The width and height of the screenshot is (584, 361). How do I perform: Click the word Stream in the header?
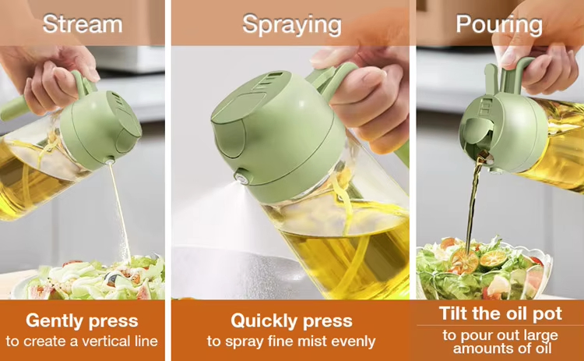point(82,23)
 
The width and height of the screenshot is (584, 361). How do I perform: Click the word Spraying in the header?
point(291,24)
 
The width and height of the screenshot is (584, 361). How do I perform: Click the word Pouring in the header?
point(498,24)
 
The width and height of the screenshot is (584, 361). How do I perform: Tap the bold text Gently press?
point(82,320)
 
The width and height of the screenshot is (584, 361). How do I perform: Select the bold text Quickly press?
point(291,320)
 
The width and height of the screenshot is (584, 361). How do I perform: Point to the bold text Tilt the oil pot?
point(500,314)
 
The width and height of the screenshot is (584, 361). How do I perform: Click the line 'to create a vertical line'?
point(82,342)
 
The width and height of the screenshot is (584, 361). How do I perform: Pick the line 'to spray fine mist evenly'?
point(291,342)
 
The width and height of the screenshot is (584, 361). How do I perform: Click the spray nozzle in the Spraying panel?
point(242,179)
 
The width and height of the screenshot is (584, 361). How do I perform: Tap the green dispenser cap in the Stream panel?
point(100,129)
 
